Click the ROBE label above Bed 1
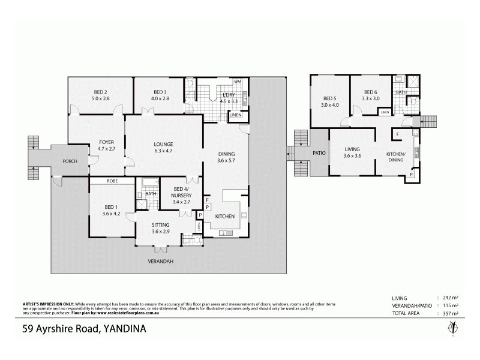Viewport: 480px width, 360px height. click(x=112, y=181)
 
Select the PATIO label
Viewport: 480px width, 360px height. click(x=319, y=154)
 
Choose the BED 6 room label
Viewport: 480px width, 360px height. click(x=371, y=95)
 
